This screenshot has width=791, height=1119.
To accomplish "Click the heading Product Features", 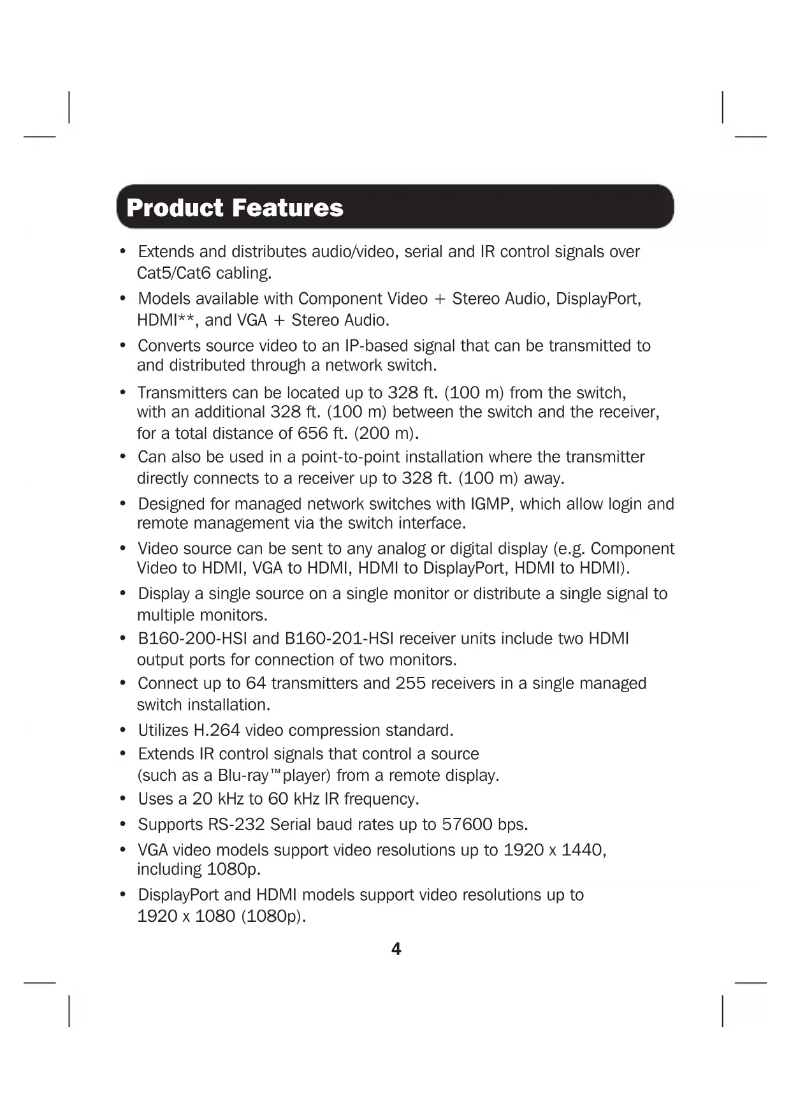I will [x=235, y=208].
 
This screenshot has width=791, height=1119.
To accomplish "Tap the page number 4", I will [x=396, y=949].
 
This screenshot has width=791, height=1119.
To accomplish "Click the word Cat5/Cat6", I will [x=173, y=273].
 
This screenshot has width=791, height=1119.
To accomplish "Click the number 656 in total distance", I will [x=312, y=433].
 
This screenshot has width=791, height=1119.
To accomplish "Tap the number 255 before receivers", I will [x=410, y=683].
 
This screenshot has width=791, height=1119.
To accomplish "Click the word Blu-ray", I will [x=243, y=776].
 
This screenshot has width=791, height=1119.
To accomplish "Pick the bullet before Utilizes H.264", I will [x=123, y=730].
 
